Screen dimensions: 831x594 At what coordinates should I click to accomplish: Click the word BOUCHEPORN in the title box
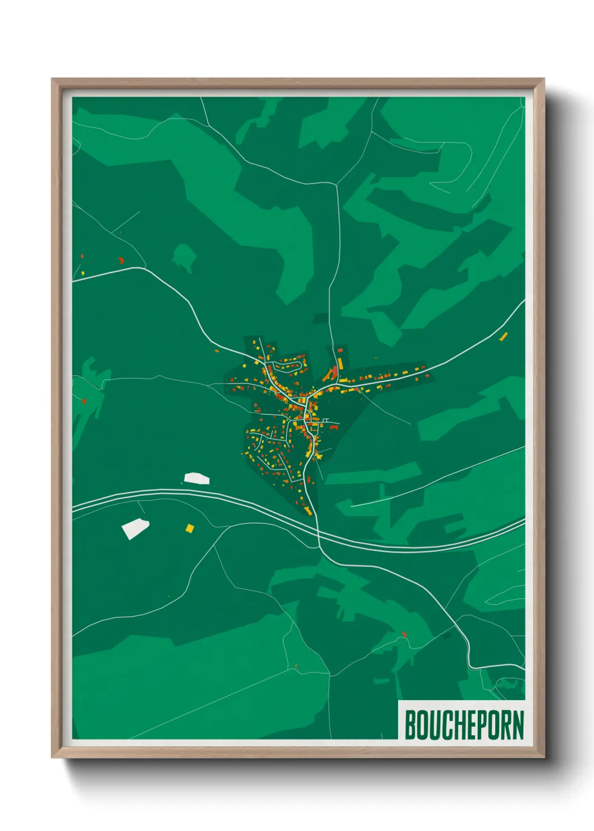tap(464, 725)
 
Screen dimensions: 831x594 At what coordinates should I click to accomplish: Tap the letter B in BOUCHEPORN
tap(410, 725)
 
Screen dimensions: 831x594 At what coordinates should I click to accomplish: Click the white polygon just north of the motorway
tap(197, 478)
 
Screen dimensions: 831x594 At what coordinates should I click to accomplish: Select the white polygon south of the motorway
tap(135, 528)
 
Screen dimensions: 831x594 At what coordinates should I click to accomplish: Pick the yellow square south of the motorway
tap(190, 528)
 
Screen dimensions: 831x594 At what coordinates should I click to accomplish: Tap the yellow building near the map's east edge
tap(503, 336)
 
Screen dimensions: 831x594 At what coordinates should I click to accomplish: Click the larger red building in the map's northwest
tap(121, 260)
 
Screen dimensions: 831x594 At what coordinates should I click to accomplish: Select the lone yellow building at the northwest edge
tap(83, 273)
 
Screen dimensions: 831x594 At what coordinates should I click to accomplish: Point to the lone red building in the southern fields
tap(404, 634)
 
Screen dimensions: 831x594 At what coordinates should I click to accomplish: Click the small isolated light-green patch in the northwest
tap(184, 256)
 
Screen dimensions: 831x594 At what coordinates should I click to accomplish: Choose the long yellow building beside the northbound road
tap(340, 363)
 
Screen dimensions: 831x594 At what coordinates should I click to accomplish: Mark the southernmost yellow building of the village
tap(308, 510)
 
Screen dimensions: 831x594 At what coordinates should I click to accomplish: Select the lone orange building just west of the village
tap(217, 351)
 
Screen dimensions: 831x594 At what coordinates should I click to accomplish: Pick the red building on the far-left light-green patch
tap(84, 400)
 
